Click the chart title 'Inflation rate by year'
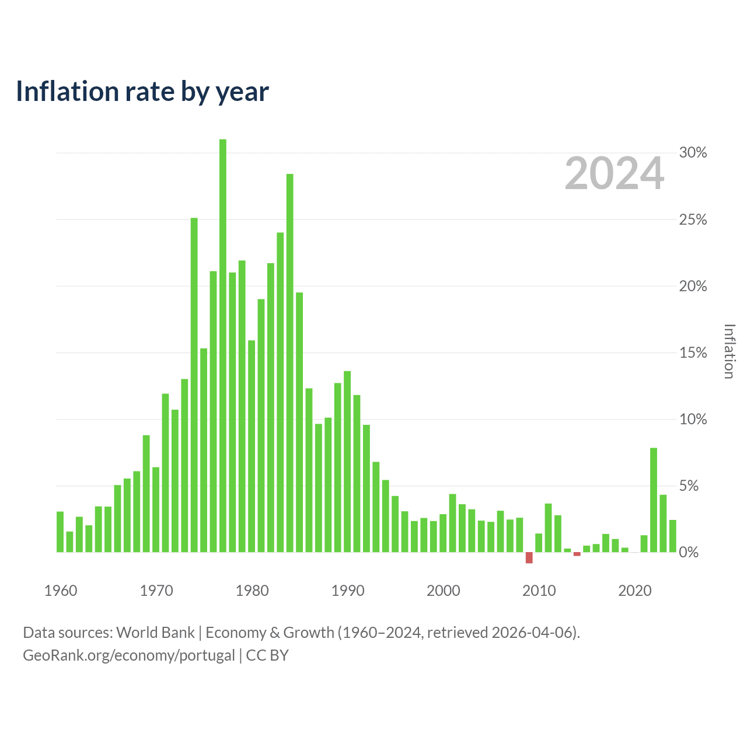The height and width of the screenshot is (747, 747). tap(142, 92)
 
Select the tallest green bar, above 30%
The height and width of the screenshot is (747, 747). tap(222, 345)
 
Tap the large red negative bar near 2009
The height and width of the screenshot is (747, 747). tap(529, 557)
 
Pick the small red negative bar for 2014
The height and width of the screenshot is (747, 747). tap(577, 554)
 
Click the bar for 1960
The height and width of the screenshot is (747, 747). tap(60, 532)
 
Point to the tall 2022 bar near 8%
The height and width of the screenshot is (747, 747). tap(654, 500)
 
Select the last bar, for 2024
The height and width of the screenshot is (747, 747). tap(672, 536)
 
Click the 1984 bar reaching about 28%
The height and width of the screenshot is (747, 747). tap(289, 363)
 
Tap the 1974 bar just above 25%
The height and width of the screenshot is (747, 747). tap(194, 385)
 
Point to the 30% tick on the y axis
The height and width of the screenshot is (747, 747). tap(693, 153)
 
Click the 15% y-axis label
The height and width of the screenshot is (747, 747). tap(693, 352)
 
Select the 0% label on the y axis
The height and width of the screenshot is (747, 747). tap(689, 552)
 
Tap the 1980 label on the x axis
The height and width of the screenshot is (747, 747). tap(252, 591)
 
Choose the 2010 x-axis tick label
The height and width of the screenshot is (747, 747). tap(539, 591)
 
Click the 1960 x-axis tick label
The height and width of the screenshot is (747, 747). tap(61, 591)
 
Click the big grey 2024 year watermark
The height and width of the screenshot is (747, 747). tap(615, 173)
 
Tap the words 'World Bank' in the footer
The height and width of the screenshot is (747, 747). tap(155, 633)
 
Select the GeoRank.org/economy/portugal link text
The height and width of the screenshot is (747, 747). tap(129, 655)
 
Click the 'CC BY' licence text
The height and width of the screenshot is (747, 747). tap(267, 655)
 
